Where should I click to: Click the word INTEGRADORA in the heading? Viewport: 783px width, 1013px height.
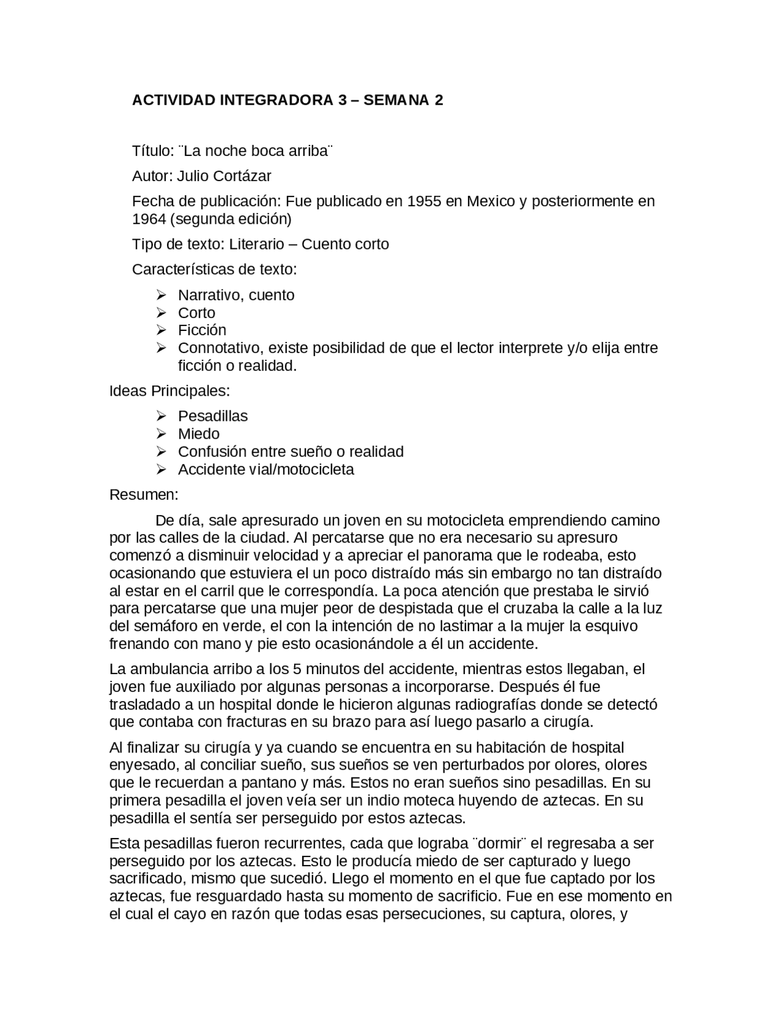point(276,100)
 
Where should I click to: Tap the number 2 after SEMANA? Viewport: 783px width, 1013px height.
point(439,100)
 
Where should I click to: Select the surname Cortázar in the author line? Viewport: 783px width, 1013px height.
point(243,176)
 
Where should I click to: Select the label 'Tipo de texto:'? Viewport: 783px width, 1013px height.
point(179,244)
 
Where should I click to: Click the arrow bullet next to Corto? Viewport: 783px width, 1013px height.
point(161,313)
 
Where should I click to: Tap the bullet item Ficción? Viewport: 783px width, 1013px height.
point(202,330)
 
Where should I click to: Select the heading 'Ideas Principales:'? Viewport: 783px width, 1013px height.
point(169,390)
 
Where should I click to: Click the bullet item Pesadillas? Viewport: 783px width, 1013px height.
point(213,416)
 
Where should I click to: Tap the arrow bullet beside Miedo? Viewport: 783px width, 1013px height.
point(161,434)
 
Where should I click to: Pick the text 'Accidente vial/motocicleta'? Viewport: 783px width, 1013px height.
point(265,469)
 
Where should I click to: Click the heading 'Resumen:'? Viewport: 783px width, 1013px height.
point(144,494)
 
